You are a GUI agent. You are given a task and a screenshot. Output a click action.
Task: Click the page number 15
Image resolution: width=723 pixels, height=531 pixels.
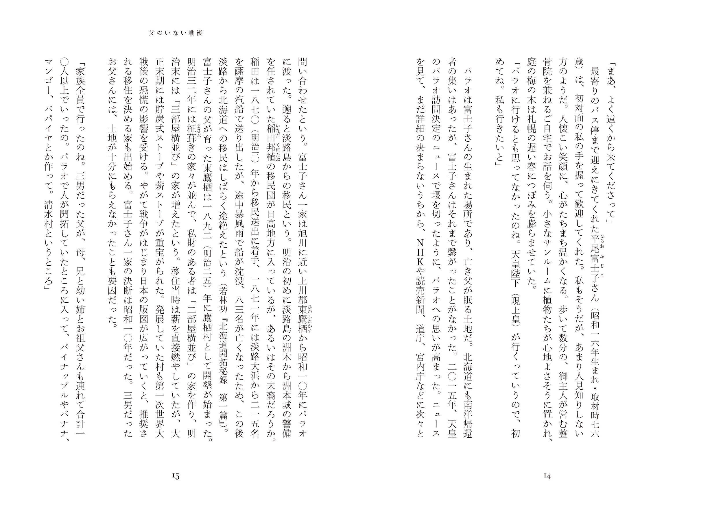point(176,476)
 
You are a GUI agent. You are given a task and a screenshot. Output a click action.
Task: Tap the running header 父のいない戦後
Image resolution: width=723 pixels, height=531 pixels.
point(176,33)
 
